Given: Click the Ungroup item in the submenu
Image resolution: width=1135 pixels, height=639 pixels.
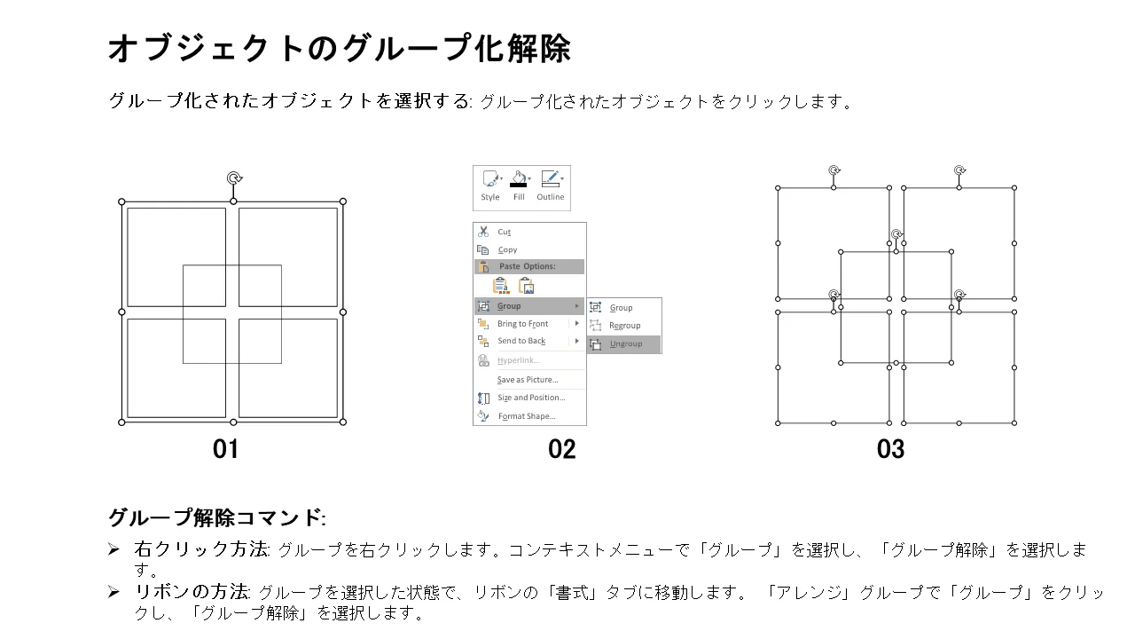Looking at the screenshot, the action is tap(624, 344).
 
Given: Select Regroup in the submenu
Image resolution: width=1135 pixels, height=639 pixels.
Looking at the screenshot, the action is tap(624, 326).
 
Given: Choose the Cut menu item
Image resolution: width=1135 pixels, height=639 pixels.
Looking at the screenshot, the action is tap(504, 232).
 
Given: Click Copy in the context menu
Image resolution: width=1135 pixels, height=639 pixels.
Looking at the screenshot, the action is tap(507, 249).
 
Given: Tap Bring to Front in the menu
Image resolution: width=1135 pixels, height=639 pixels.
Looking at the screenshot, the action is tap(522, 324).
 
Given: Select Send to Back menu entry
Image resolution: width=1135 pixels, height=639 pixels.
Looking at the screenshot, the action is tap(521, 341).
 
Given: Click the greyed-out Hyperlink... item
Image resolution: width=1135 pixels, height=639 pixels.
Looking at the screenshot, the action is tap(518, 360).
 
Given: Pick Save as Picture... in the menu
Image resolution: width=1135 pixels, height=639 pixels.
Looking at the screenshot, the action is tap(528, 379).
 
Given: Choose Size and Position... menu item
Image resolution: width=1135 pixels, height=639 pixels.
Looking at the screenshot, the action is tap(531, 398).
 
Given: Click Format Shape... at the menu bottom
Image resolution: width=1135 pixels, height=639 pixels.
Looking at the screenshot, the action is tap(527, 416).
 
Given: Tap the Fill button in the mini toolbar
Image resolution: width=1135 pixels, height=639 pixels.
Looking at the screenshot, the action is tap(519, 186).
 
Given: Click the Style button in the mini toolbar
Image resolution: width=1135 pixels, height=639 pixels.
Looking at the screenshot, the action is tap(490, 186).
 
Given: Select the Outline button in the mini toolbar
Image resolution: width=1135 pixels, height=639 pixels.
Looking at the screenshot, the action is tap(551, 186).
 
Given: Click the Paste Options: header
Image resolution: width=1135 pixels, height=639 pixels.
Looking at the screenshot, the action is tap(527, 266).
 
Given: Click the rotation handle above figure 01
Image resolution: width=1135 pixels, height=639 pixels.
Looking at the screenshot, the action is tap(234, 178).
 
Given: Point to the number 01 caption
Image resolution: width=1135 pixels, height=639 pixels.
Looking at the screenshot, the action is tap(225, 449).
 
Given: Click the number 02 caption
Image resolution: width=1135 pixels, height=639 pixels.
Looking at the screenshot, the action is tap(562, 449).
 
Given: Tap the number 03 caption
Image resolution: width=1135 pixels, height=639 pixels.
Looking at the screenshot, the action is tap(891, 449).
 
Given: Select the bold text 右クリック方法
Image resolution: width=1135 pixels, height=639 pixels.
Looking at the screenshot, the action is tap(201, 549).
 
